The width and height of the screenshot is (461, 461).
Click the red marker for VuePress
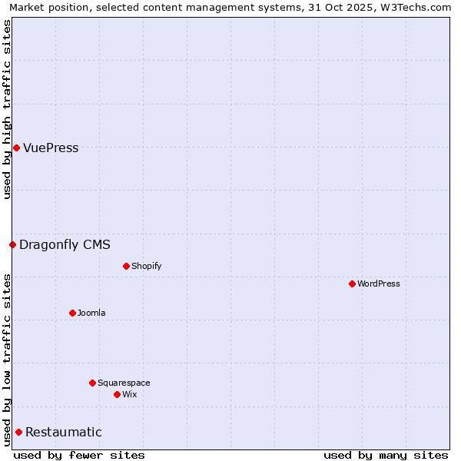pyautogui.click(x=16, y=148)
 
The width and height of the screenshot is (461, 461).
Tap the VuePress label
pyautogui.click(x=51, y=148)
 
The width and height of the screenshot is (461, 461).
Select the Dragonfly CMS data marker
pyautogui.click(x=12, y=244)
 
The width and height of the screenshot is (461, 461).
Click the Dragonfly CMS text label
pyautogui.click(x=65, y=245)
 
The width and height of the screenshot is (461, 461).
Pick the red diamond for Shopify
pyautogui.click(x=126, y=266)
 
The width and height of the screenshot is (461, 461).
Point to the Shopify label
pyautogui.click(x=146, y=267)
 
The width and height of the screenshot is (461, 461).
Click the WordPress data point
pyautogui.click(x=352, y=284)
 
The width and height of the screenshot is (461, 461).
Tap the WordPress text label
pyautogui.click(x=378, y=284)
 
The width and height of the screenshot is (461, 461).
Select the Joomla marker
pyautogui.click(x=72, y=313)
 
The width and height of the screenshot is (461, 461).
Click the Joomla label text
pyautogui.click(x=91, y=313)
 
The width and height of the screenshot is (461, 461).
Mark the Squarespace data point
pyautogui.click(x=92, y=383)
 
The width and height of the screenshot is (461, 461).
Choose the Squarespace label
pyautogui.click(x=124, y=383)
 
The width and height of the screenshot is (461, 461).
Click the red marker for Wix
pyautogui.click(x=117, y=394)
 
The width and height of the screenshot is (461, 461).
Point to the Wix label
pyautogui.click(x=130, y=395)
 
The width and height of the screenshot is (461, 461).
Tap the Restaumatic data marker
pyautogui.click(x=18, y=432)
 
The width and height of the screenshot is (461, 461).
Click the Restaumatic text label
pyautogui.click(x=63, y=433)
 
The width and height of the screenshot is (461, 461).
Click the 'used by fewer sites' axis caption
pyautogui.click(x=79, y=455)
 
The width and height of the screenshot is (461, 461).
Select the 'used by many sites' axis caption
pyautogui.click(x=386, y=455)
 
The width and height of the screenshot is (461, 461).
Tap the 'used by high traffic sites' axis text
pyautogui.click(x=8, y=109)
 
